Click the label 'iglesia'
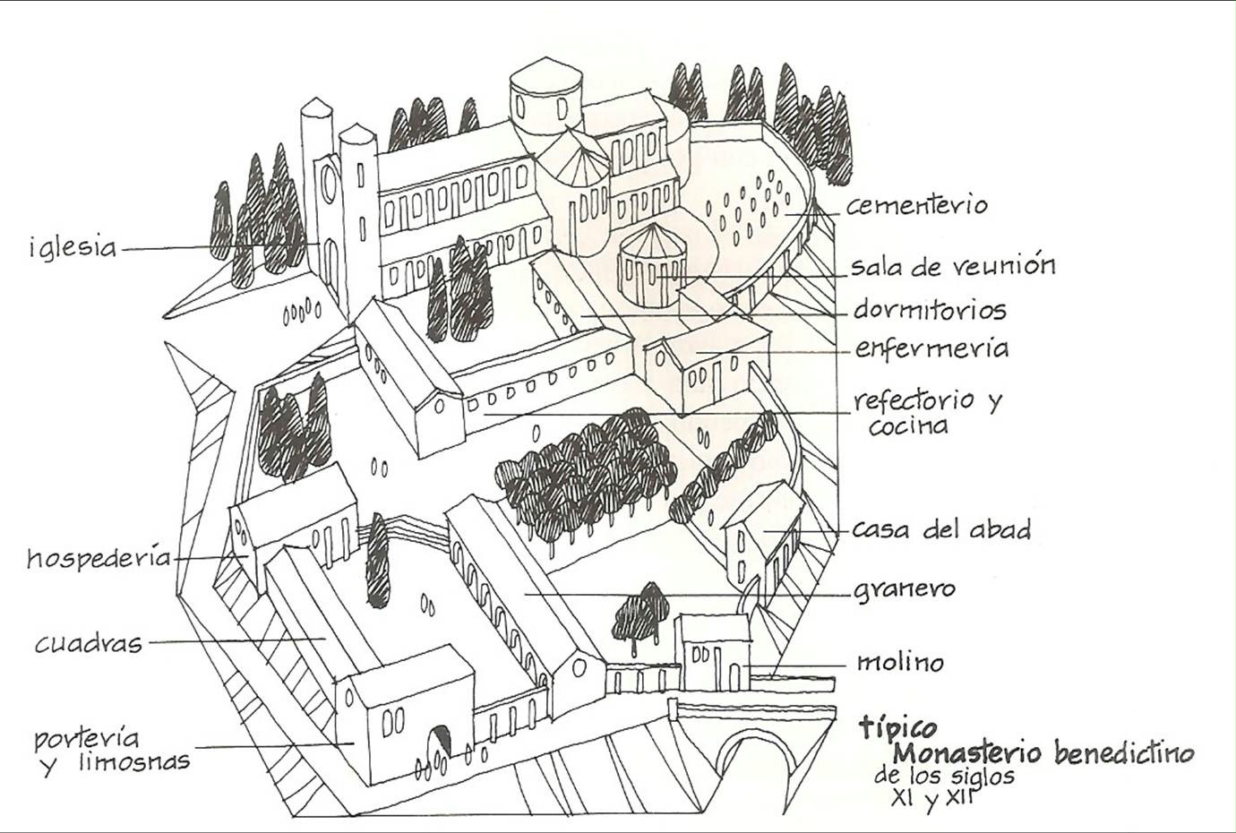73,247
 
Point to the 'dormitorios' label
930,310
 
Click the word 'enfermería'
931,348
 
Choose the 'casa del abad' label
940,528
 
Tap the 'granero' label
904,590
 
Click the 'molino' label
900,663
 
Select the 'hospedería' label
99,558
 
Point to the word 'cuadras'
89,643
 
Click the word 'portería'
87,739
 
